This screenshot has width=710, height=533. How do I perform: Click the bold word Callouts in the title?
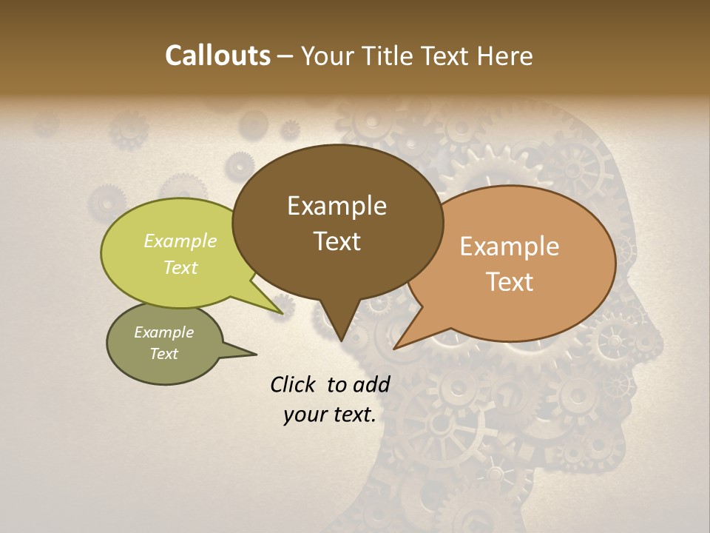click(217, 56)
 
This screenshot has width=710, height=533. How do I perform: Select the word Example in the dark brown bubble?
click(337, 206)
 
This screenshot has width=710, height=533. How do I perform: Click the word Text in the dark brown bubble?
click(337, 241)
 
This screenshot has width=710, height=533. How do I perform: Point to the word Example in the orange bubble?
click(510, 247)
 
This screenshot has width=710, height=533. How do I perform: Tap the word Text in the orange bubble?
click(510, 281)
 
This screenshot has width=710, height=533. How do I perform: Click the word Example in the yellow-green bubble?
click(180, 241)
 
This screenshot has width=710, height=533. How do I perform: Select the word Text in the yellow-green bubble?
click(180, 267)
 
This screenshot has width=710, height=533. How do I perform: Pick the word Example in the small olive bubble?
click(163, 332)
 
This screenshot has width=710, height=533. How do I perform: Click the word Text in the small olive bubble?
click(163, 354)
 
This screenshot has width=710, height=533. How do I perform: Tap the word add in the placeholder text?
click(371, 384)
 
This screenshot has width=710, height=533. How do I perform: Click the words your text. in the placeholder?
click(329, 415)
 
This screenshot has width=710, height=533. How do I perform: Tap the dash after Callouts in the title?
click(285, 57)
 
